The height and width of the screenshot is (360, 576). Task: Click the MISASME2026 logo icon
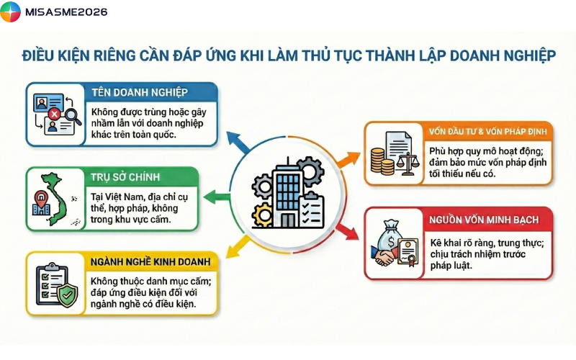pos(11,12)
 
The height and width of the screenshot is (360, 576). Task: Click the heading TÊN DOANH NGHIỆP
pos(140,92)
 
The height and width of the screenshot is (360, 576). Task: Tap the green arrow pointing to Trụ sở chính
pos(212,195)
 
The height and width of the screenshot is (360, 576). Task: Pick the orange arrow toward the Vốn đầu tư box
pos(346,157)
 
